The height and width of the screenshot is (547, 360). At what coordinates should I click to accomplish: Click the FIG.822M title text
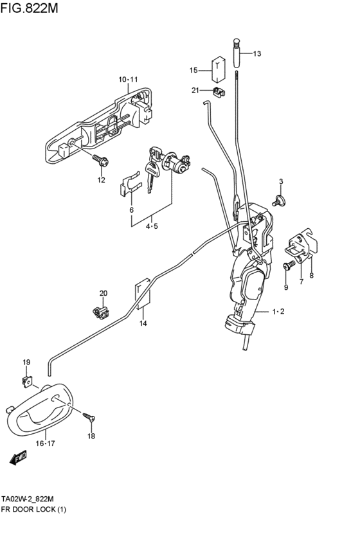tap(30, 8)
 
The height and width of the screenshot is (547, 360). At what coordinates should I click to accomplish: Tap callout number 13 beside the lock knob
tap(256, 54)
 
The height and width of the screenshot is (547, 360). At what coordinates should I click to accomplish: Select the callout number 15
tap(194, 70)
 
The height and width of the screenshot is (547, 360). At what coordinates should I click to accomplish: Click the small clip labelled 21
tap(219, 92)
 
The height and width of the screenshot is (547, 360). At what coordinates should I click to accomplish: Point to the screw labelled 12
tap(101, 161)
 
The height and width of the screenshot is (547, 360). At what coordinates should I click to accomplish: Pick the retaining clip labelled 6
tap(130, 184)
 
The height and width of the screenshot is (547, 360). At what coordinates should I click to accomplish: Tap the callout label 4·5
tap(152, 226)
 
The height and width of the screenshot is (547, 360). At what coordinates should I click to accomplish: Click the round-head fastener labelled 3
tap(279, 201)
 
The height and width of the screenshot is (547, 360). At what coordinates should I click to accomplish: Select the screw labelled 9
tap(288, 267)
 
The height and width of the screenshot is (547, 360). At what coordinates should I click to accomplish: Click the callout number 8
tap(311, 276)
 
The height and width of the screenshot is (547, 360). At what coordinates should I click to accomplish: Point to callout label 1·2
tap(278, 312)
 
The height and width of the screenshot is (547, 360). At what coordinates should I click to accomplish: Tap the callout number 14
tap(143, 323)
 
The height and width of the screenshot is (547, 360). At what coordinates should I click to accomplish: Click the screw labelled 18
tap(89, 417)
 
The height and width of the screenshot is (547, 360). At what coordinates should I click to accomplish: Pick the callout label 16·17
tap(46, 444)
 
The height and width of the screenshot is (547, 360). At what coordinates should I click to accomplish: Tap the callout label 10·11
tap(128, 80)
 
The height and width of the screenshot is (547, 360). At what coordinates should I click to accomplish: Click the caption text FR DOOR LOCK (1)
tap(33, 509)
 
